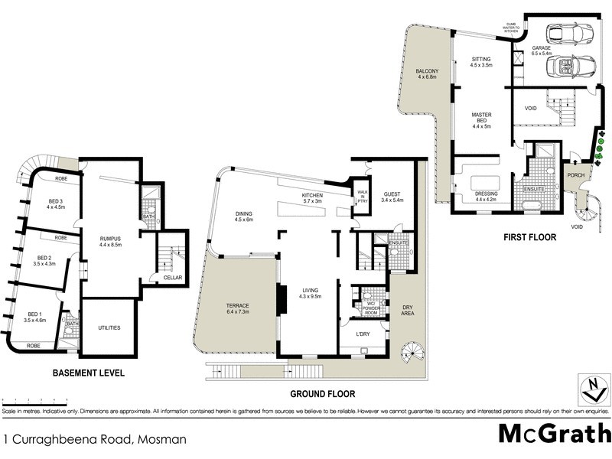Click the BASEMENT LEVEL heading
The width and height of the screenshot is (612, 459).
[88, 374]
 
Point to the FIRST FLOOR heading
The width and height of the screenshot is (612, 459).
[529, 238]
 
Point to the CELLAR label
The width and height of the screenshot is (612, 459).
[172, 278]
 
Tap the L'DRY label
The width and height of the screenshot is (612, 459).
[363, 334]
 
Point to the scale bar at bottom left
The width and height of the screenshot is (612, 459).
[34, 400]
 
